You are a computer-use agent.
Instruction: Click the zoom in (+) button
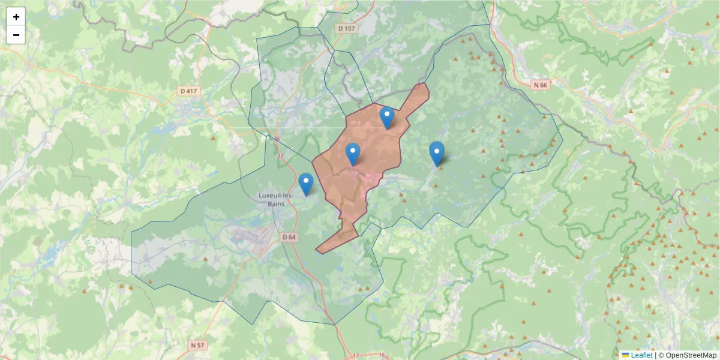coord(16,17)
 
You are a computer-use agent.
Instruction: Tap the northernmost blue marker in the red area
coord(387,117)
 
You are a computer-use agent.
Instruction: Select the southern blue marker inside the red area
coord(353,154)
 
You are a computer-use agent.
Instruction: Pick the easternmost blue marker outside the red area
coord(437,153)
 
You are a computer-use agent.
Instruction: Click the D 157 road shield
coord(347,28)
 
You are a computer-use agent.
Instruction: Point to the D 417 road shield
coord(188,91)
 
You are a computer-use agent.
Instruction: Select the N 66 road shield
coord(540,85)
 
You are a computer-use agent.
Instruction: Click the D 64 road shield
coord(289,237)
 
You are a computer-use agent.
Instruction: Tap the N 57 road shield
coord(197,345)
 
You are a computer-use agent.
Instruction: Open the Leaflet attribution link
coord(641,355)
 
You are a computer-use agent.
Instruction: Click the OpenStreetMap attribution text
coord(690,355)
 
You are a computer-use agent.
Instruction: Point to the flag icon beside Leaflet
coord(625,355)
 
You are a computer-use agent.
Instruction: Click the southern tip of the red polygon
coord(317,250)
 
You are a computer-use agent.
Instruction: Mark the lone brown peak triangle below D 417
coord(214,138)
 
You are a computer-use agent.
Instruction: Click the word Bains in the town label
coord(276,203)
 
